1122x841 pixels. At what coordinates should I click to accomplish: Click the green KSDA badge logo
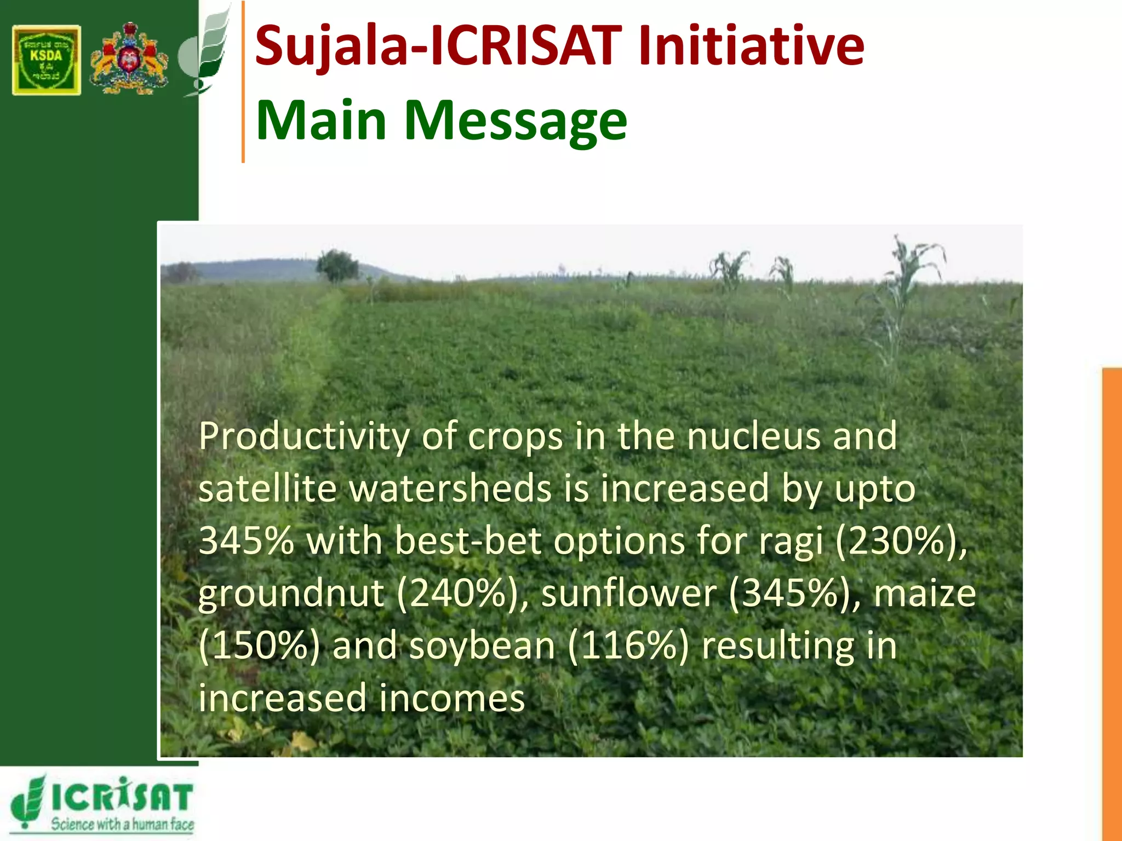(x=47, y=60)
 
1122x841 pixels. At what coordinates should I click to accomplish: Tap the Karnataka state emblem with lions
(x=129, y=59)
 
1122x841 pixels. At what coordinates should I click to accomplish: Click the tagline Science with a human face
(x=122, y=824)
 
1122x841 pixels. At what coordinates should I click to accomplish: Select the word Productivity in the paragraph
(x=304, y=437)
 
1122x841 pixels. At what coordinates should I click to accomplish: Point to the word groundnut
(x=291, y=594)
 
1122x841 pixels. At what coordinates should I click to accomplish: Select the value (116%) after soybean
(x=628, y=646)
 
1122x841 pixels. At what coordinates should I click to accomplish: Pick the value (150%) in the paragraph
(x=259, y=646)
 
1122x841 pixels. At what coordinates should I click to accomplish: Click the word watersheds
(x=450, y=488)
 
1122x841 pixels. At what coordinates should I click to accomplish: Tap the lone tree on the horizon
(x=336, y=266)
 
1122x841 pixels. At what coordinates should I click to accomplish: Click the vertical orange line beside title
(x=243, y=82)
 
